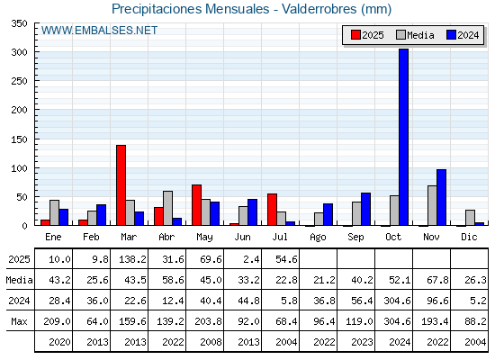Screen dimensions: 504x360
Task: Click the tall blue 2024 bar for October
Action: pyautogui.click(x=403, y=137)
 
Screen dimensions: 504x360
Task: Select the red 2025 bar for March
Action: pyautogui.click(x=121, y=185)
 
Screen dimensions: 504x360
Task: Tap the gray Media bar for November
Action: pyautogui.click(x=432, y=205)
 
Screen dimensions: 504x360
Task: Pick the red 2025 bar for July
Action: pyautogui.click(x=272, y=210)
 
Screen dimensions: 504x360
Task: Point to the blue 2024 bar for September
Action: pyautogui.click(x=365, y=209)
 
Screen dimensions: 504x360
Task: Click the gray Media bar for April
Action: pyautogui.click(x=167, y=208)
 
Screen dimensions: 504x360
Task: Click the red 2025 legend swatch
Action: pyautogui.click(x=355, y=35)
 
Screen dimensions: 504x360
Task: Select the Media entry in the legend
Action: pyautogui.click(x=415, y=35)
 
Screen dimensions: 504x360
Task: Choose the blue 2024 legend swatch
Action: pyautogui.click(x=451, y=35)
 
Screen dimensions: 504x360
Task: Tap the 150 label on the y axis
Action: pyautogui.click(x=19, y=139)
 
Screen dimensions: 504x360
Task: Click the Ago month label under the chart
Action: pyautogui.click(x=318, y=238)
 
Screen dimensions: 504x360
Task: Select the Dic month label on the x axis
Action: pyautogui.click(x=469, y=237)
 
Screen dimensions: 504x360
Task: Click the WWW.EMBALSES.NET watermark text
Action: pyautogui.click(x=99, y=31)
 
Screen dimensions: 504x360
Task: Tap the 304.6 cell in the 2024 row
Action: pyautogui.click(x=397, y=301)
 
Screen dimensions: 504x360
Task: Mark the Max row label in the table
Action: pyautogui.click(x=19, y=321)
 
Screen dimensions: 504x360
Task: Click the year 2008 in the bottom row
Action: pyautogui.click(x=211, y=342)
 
